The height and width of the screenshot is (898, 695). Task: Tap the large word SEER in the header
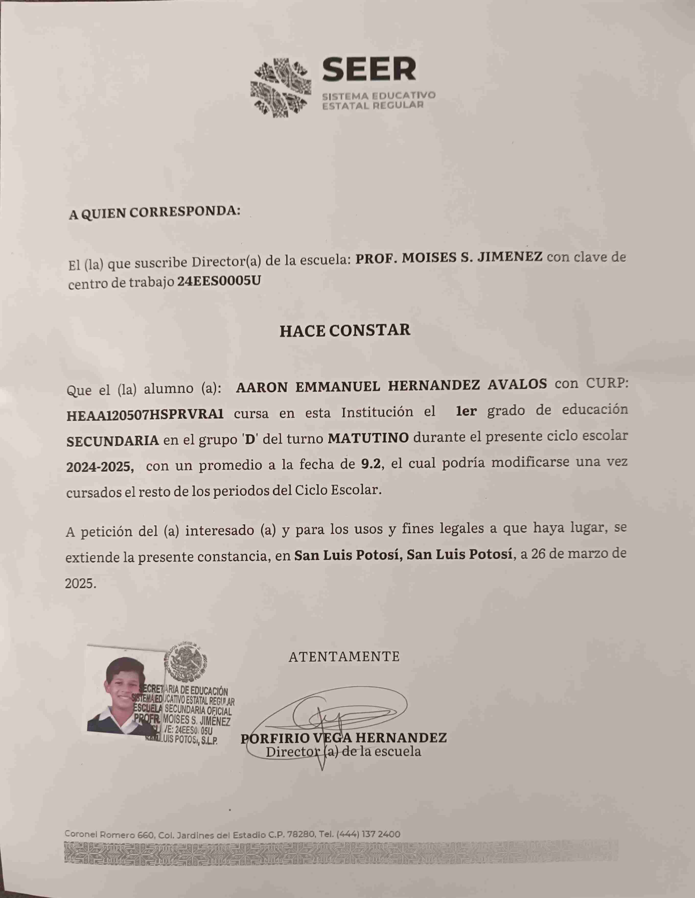[x=369, y=69]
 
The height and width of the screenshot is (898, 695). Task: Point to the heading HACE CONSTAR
[x=345, y=331]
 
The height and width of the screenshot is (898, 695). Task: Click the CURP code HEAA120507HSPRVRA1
[x=145, y=414]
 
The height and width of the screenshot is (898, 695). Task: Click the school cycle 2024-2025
[x=100, y=466]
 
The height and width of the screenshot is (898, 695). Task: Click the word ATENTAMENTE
[x=344, y=657]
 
